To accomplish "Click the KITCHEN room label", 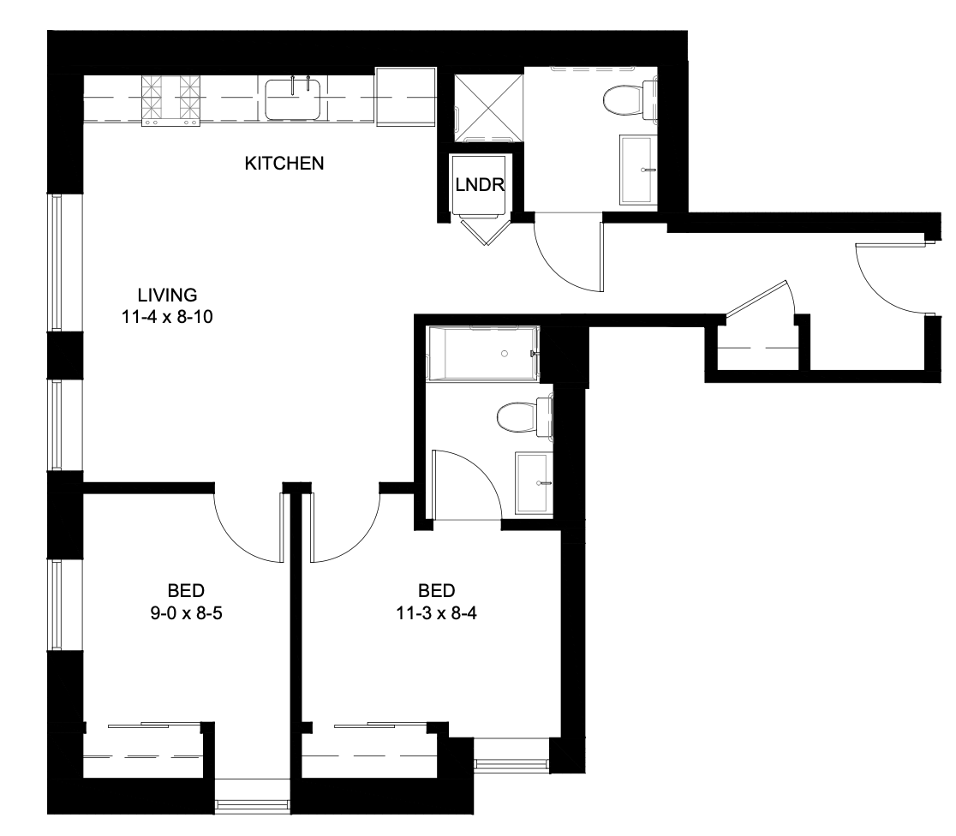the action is (284, 164).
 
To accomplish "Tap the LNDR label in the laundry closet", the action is (480, 184).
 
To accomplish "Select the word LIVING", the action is (167, 296).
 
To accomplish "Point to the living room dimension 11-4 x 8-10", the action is (167, 317).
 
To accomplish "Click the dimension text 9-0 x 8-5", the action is (186, 612).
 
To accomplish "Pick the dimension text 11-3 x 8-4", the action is (437, 612).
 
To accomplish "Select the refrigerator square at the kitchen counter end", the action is (405, 97).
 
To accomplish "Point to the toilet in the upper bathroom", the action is (628, 99).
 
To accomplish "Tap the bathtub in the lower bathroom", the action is (483, 354).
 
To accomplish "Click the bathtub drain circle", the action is (505, 354).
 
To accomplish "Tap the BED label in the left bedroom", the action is (186, 591).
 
